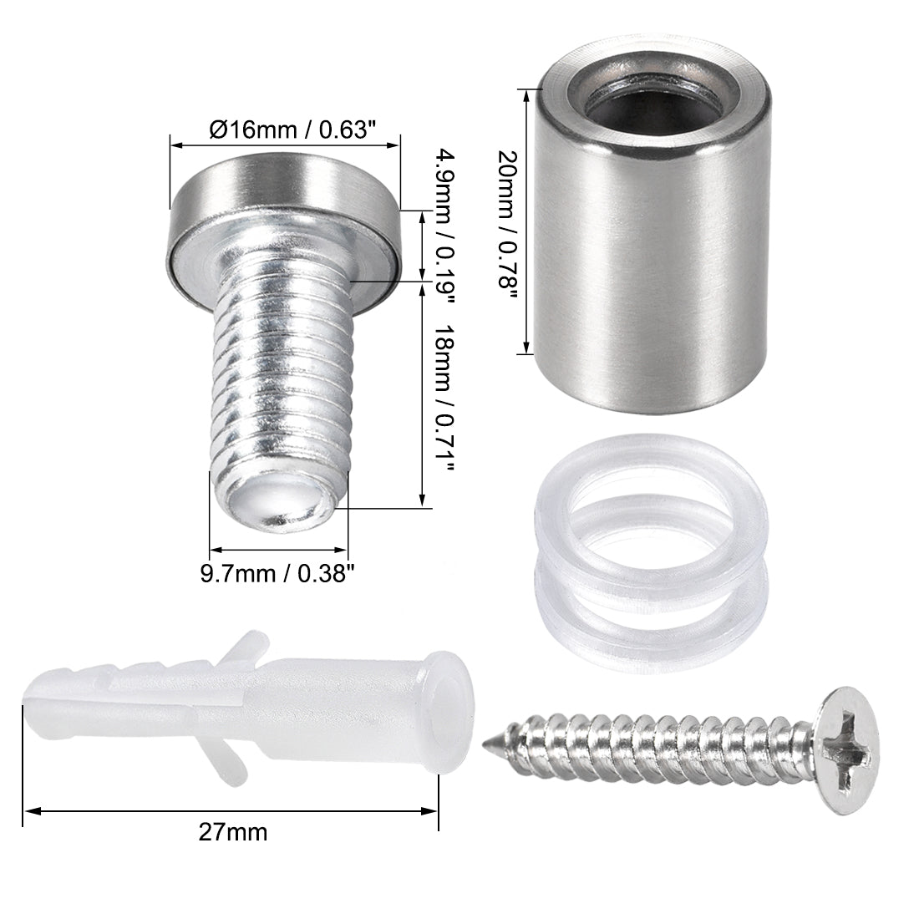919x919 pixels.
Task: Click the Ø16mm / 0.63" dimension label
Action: point(284,129)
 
